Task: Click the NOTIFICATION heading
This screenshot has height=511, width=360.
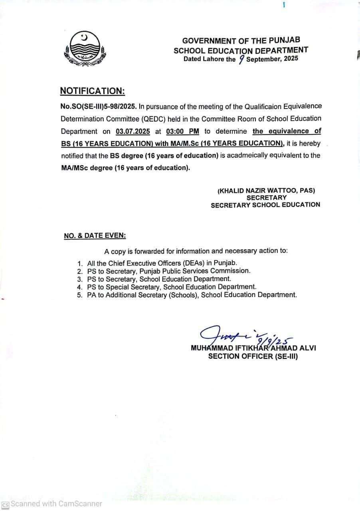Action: [93, 91]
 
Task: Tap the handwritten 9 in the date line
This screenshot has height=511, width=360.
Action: [241, 59]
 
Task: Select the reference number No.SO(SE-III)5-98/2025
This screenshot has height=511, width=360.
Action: [99, 107]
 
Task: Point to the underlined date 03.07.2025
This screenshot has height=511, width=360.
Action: [133, 131]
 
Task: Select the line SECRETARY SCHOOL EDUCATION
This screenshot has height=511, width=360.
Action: [265, 204]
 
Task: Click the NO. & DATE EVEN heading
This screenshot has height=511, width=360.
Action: [95, 236]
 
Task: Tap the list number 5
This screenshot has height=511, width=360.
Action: [80, 295]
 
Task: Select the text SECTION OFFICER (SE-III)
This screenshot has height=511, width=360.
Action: [253, 356]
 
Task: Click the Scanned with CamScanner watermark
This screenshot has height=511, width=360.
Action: [52, 504]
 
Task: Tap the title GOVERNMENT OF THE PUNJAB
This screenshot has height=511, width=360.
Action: [241, 41]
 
